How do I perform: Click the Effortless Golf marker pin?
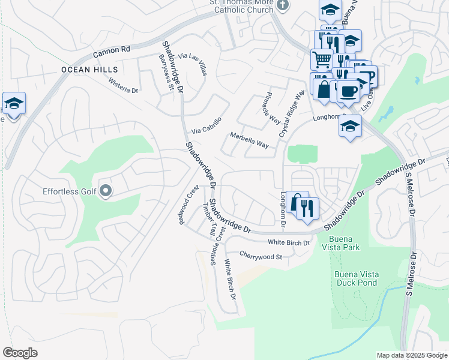pyautogui.click(x=106, y=191)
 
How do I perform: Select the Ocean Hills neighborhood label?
pyautogui.click(x=89, y=70)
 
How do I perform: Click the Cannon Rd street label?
pyautogui.click(x=112, y=53)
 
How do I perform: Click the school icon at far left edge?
pyautogui.click(x=14, y=103)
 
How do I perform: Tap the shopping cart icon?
pyautogui.click(x=322, y=59)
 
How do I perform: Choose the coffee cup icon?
pyautogui.click(x=349, y=91)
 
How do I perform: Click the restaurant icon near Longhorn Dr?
pyautogui.click(x=307, y=208)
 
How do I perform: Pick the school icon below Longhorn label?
pyautogui.click(x=350, y=126)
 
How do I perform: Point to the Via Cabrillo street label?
pyautogui.click(x=206, y=126)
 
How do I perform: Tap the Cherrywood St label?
pyautogui.click(x=261, y=256)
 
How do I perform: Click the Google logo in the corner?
pyautogui.click(x=20, y=352)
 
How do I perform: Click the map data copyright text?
pyautogui.click(x=411, y=355)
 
